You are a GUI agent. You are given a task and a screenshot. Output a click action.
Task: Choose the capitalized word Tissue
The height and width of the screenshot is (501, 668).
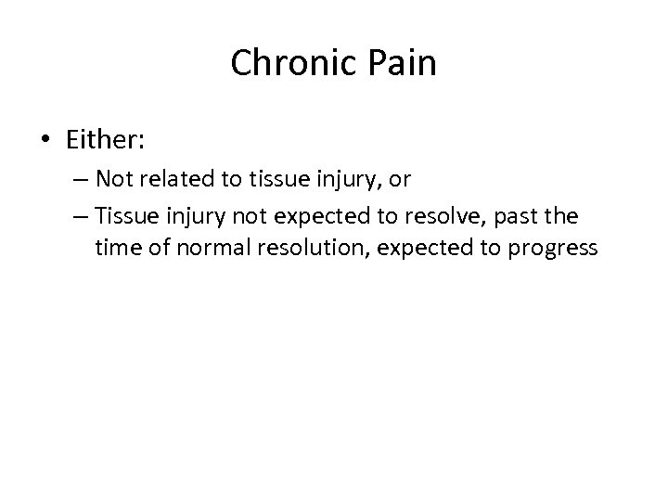126,217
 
